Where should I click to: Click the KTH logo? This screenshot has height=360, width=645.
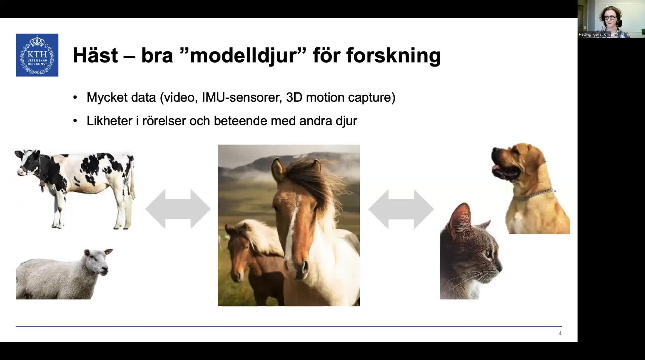click(37, 55)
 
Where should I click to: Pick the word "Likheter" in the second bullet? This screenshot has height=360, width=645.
click(110, 121)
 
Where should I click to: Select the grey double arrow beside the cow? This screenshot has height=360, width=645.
click(178, 209)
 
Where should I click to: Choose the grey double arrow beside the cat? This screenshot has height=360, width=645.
click(401, 209)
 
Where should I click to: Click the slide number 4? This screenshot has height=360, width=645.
click(560, 333)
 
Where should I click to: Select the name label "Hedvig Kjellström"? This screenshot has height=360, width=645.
click(594, 34)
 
